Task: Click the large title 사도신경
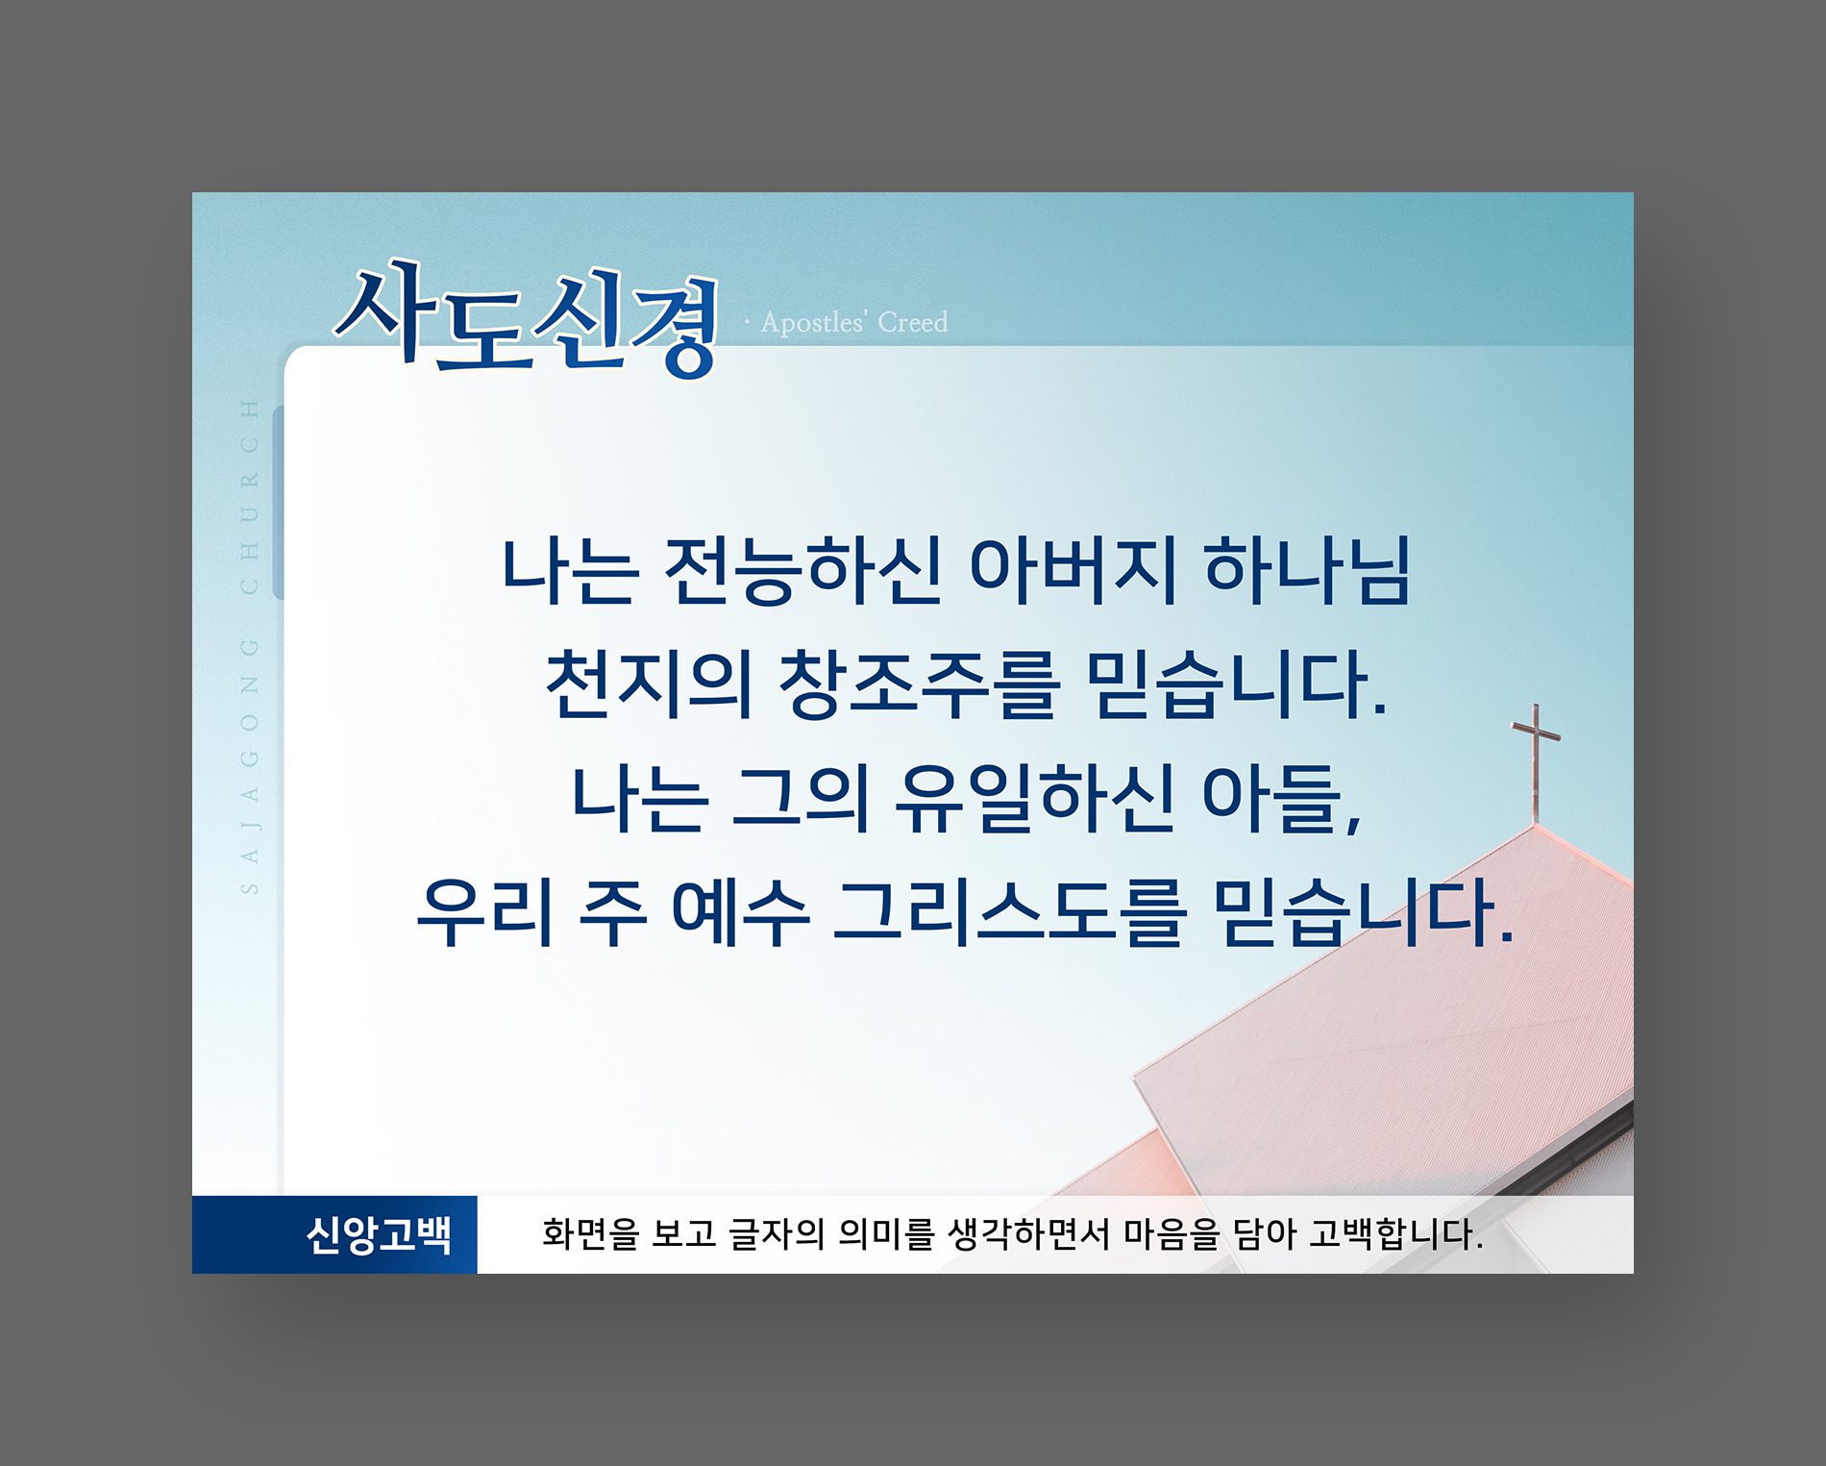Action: click(527, 319)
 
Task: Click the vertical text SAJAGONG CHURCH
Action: click(250, 646)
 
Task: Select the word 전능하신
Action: click(803, 571)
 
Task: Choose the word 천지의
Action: click(649, 684)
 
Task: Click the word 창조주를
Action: click(919, 685)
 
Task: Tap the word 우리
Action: click(485, 913)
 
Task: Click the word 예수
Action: click(740, 913)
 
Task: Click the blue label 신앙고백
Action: click(379, 1235)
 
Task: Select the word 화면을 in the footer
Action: click(590, 1234)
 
